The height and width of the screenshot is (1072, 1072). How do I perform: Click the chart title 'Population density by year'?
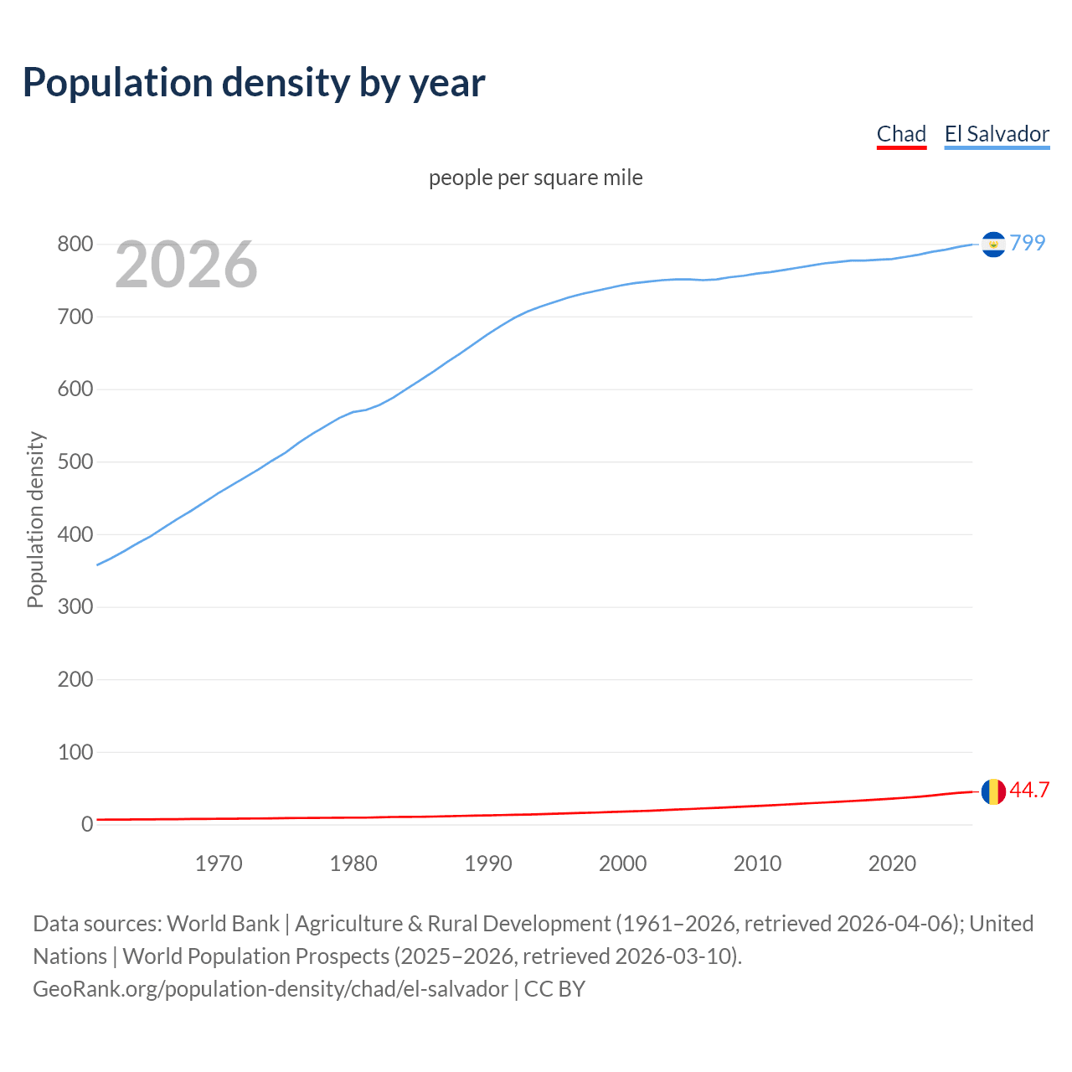tap(254, 82)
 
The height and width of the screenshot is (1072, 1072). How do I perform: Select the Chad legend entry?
tap(901, 134)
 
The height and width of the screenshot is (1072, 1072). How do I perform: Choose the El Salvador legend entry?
tap(997, 134)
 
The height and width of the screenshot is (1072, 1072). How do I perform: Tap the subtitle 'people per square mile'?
tap(535, 178)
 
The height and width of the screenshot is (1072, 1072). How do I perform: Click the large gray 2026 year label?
tap(186, 265)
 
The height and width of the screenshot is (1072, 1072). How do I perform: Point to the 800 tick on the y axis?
tap(75, 245)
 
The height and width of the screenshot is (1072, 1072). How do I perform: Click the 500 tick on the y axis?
tap(75, 461)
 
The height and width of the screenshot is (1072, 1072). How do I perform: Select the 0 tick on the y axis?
tap(86, 824)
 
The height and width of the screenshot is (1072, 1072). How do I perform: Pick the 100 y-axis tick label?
tap(75, 752)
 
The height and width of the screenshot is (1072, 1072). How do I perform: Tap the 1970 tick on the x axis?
tap(219, 863)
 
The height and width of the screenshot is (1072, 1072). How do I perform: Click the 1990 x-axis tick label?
tap(488, 863)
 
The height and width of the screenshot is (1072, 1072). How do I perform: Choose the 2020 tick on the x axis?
tap(892, 863)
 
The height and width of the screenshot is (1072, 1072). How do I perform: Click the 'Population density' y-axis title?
tap(35, 519)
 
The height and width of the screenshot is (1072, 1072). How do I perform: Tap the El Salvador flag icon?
tap(993, 245)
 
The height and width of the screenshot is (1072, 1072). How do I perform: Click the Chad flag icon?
tap(993, 791)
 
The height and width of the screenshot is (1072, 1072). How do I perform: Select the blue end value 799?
tap(1028, 243)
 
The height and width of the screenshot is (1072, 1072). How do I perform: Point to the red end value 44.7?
tap(1029, 791)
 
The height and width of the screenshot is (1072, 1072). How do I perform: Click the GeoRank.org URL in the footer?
tap(270, 989)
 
